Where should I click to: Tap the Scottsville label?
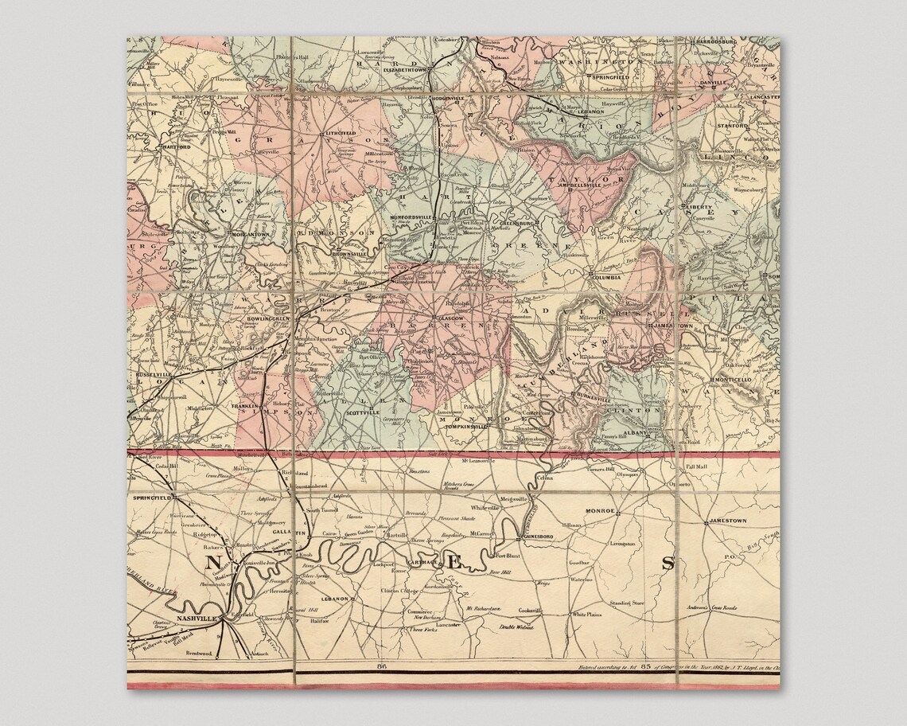point(362,412)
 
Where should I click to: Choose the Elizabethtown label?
point(406,70)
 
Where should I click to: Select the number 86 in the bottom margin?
point(382,666)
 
